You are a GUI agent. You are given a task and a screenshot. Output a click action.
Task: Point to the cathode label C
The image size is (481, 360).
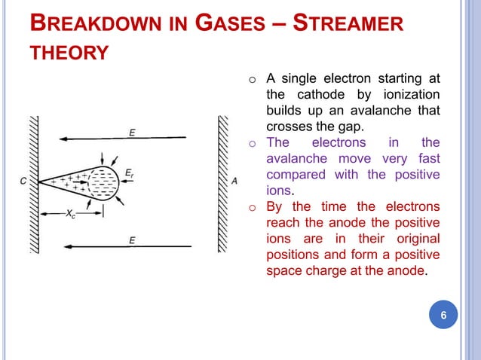[x=23, y=182]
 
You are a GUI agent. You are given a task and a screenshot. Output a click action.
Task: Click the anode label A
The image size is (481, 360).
[x=234, y=181]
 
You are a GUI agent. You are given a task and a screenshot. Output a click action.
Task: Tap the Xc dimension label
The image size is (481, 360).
[x=70, y=215]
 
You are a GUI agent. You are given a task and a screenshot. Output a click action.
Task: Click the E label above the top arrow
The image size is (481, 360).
[x=132, y=133]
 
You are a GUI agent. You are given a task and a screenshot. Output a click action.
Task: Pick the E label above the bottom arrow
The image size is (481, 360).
[x=132, y=239]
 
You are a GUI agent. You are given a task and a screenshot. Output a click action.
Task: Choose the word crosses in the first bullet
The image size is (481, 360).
[x=287, y=127]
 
